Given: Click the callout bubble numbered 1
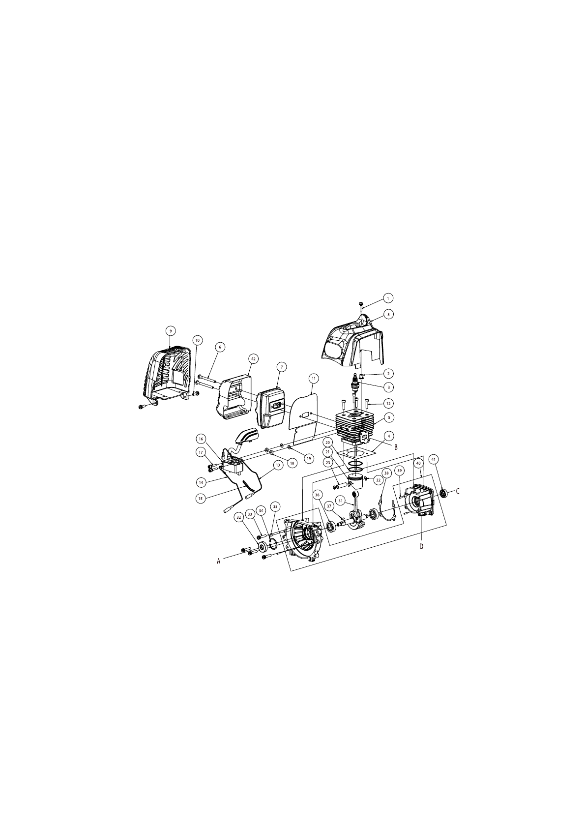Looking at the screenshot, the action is [388, 297].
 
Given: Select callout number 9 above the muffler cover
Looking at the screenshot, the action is [170, 330].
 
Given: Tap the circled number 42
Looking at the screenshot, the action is [253, 358].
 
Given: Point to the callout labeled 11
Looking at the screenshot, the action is [313, 379].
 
